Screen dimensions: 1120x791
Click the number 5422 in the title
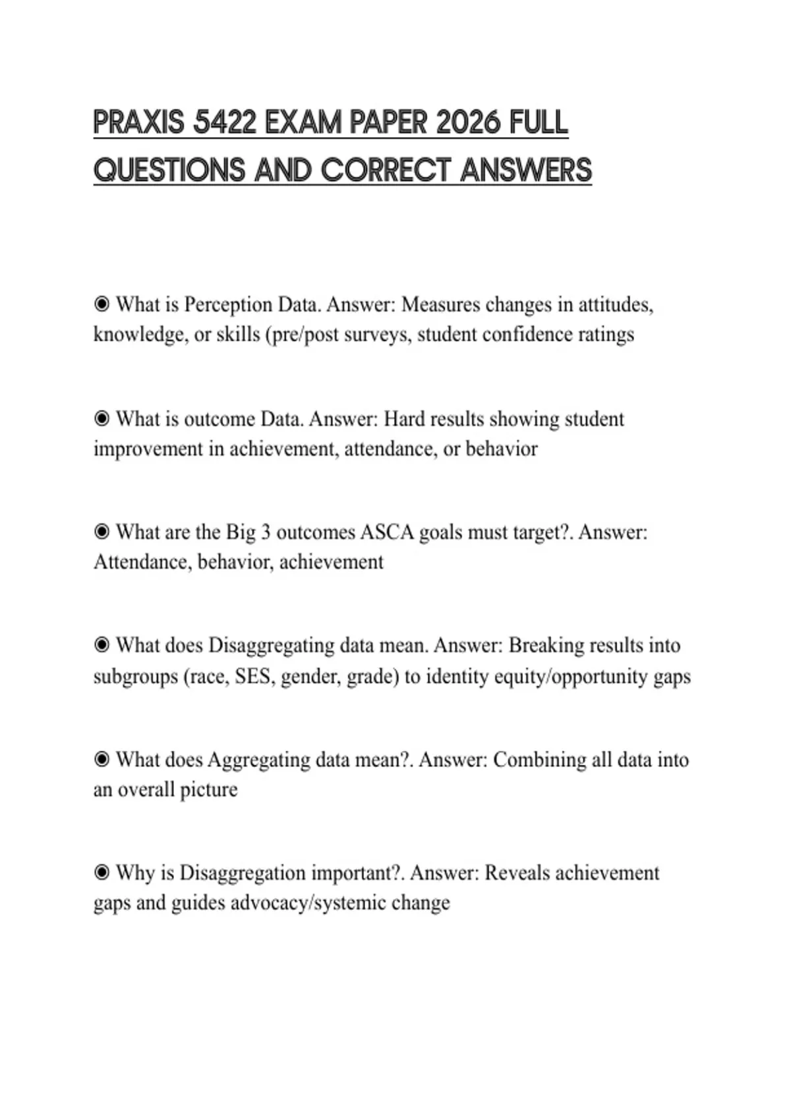coord(224,123)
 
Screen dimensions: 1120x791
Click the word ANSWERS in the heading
coord(525,171)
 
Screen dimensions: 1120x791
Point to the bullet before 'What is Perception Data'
coord(102,304)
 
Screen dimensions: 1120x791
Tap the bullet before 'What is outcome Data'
coord(102,418)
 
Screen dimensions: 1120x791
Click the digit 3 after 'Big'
coord(266,532)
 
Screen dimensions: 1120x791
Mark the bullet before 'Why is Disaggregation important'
coord(102,873)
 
